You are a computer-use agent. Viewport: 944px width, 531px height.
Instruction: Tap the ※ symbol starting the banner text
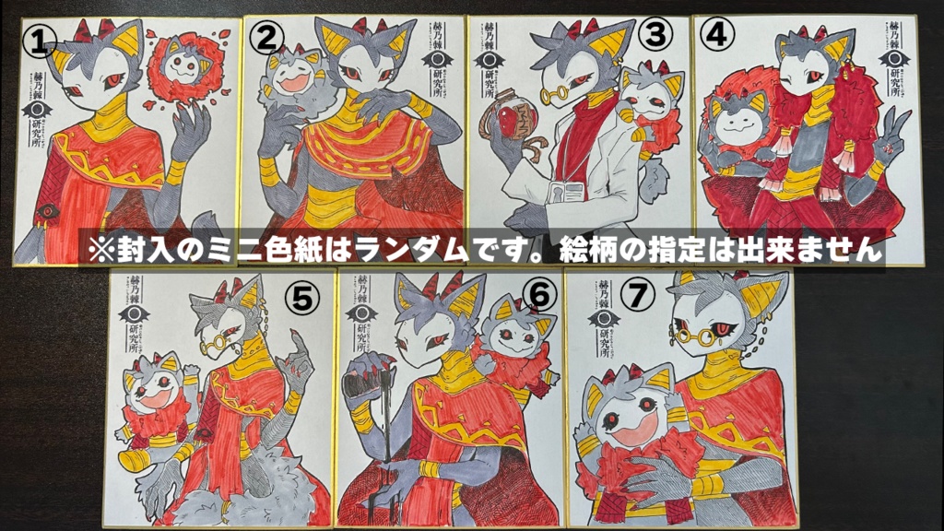100,250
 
